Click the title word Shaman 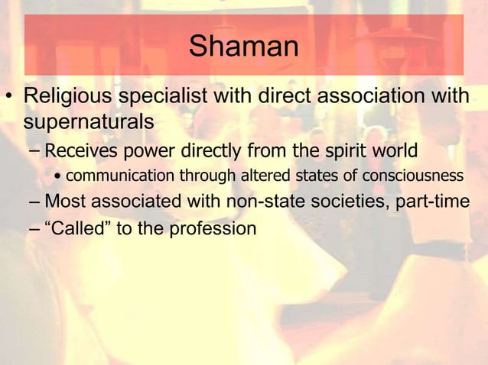click(243, 47)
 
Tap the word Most click(65, 202)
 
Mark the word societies click(335, 202)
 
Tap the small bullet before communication click(58, 177)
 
